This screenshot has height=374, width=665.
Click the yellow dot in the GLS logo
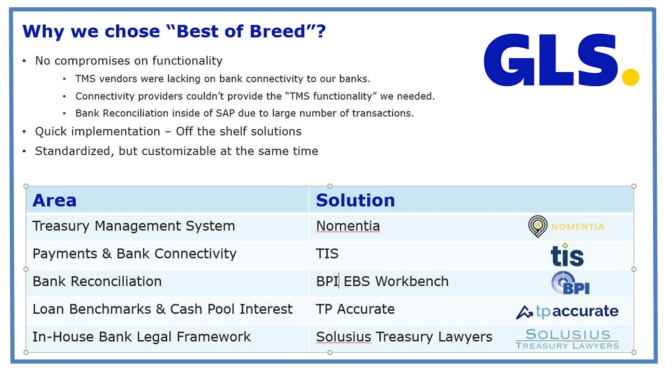pos(630,77)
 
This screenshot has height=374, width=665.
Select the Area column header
pos(55,201)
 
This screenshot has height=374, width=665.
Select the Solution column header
pos(355,201)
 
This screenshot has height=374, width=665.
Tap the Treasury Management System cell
pos(134,226)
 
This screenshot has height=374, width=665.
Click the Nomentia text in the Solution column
pos(348,226)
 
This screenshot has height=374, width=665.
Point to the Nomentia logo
pos(566,227)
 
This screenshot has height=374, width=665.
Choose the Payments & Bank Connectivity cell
pos(135,254)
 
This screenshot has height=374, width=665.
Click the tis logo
pos(567,255)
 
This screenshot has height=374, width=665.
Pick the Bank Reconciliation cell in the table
pos(97,282)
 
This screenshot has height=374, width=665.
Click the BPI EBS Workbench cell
pos(382,282)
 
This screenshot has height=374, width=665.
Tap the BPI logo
pos(570,283)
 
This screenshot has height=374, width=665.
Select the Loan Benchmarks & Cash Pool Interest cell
pos(163,309)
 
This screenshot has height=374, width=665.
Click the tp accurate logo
pos(567,312)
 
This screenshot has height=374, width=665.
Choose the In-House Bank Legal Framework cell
pos(142,337)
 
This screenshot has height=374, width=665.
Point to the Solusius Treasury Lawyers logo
pos(567,339)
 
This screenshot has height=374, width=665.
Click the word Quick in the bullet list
pos(51,131)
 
